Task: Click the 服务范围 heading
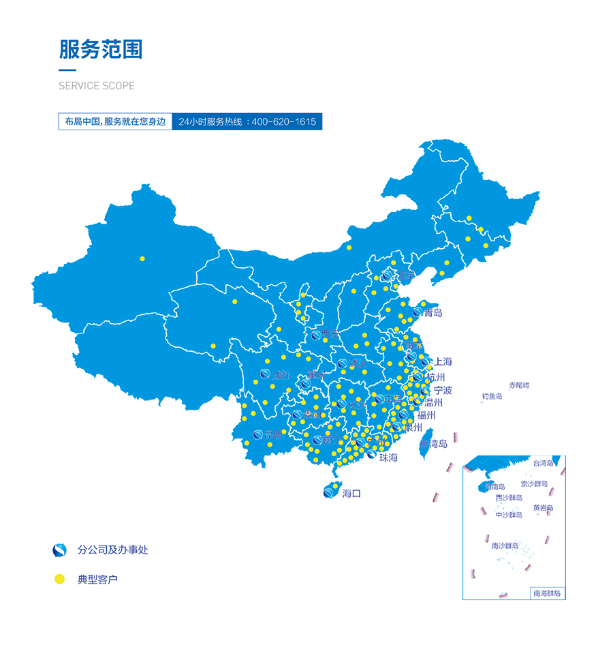coord(101,50)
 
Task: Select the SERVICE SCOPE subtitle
coord(97,86)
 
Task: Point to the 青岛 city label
coord(433,313)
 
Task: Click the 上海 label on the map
coord(443,362)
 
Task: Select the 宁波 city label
coord(443,391)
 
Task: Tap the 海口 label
coord(351,493)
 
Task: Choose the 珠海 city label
coord(388,457)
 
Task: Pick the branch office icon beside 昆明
coord(259,434)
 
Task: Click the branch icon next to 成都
coord(265,374)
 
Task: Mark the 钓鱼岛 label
coord(492,396)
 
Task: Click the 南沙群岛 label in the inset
coord(505,545)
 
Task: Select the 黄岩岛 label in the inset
coord(543,508)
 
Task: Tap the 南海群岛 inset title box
coord(547,593)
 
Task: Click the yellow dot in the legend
coord(59,580)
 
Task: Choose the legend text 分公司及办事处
coord(113,550)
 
